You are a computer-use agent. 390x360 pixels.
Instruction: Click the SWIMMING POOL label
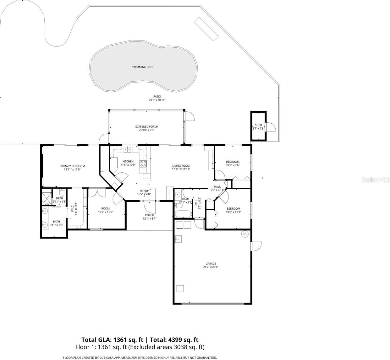[143, 67]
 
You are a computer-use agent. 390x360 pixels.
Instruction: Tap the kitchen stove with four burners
[143, 164]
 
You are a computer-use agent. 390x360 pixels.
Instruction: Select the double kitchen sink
[127, 149]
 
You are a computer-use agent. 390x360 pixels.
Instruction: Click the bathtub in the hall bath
[182, 214]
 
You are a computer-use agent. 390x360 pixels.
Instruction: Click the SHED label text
[258, 125]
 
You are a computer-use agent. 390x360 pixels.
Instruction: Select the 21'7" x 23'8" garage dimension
[211, 267]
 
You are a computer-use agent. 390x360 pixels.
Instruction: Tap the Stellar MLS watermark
[376, 180]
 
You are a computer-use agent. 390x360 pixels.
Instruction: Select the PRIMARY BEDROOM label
[72, 166]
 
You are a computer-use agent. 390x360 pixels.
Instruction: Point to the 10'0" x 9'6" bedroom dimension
[233, 165]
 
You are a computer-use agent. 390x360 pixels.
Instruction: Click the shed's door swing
[271, 127]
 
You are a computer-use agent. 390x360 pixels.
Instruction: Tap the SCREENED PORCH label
[147, 127]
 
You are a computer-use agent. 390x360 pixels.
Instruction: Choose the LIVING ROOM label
[181, 166]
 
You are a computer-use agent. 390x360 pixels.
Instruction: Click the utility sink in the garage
[178, 239]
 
